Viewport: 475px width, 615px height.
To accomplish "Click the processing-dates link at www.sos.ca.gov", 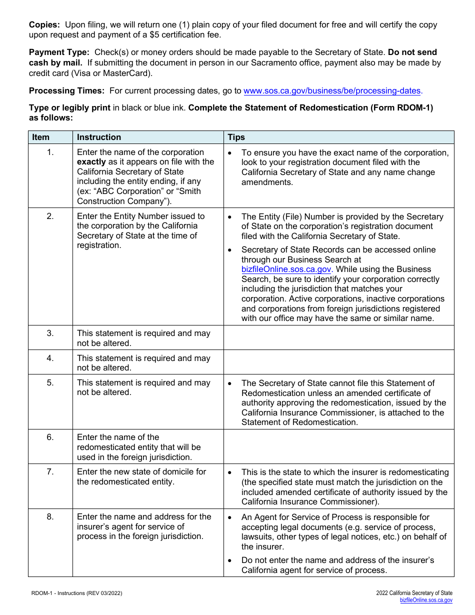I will tap(332, 91).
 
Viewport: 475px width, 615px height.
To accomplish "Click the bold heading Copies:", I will tap(44, 24).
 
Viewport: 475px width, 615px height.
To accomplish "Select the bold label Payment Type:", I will tap(59, 52).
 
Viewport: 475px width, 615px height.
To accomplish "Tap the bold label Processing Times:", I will tap(66, 91).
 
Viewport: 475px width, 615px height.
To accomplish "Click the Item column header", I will tap(41, 137).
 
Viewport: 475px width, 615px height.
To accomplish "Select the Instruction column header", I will tap(99, 137).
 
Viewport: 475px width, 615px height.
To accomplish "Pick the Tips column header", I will tap(236, 137).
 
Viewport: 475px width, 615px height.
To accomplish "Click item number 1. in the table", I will tap(50, 152).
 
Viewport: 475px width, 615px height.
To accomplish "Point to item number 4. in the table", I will tap(50, 358).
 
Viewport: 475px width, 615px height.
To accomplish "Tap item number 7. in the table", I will tap(50, 471).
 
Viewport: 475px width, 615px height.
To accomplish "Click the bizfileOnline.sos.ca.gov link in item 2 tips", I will tap(286, 269).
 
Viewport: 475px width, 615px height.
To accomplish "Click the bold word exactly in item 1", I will tap(91, 162).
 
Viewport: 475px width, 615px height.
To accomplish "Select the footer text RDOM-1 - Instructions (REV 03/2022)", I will tap(76, 593).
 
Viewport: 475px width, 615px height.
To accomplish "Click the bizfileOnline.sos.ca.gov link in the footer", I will tap(426, 600).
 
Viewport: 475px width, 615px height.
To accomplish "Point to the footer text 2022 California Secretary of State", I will tap(414, 593).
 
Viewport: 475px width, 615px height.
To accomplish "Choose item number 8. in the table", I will tap(50, 516).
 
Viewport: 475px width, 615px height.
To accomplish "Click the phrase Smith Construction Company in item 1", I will tap(138, 196).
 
